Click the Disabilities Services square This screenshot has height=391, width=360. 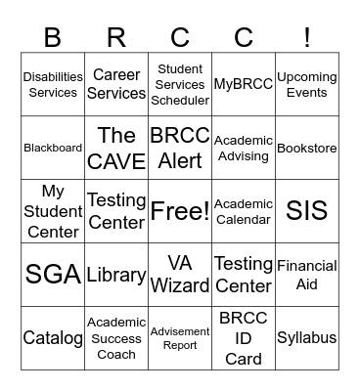point(53,85)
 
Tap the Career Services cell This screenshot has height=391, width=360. point(116,85)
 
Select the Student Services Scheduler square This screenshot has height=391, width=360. point(180,85)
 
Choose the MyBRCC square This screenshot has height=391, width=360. point(244,85)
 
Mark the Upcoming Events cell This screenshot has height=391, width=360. point(307,85)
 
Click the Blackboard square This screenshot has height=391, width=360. point(53,149)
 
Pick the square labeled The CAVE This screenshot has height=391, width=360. point(116,149)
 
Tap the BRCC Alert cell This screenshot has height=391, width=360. point(180,149)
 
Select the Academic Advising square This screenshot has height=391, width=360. point(244,149)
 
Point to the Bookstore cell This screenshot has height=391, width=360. point(307,149)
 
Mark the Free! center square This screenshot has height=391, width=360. point(180,211)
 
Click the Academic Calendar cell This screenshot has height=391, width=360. point(244,211)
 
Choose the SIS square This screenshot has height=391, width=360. point(307,211)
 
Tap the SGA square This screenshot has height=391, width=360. point(53,275)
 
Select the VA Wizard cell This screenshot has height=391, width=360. point(180,275)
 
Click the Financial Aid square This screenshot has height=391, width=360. point(307,275)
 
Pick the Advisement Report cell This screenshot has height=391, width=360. point(180,338)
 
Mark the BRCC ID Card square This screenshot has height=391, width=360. point(244,338)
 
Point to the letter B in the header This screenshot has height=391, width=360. point(53,37)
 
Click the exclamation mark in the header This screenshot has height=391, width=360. point(307,37)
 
